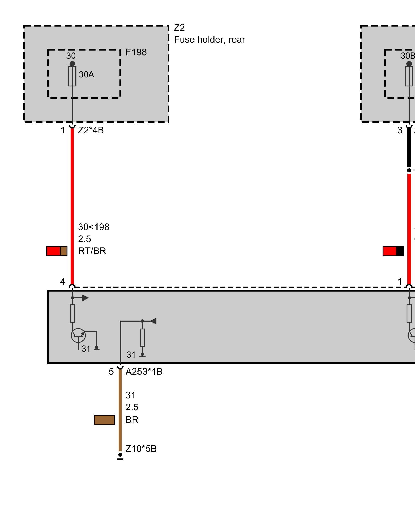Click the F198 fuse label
click(x=136, y=52)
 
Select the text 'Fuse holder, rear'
click(x=209, y=39)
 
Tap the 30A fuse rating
click(x=86, y=74)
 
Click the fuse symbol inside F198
click(x=72, y=76)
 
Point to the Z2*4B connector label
click(x=91, y=130)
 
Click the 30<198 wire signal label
click(x=94, y=227)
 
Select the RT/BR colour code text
click(x=92, y=251)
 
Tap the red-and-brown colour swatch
click(x=57, y=251)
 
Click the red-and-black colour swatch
click(x=393, y=251)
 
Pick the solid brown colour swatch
click(x=104, y=420)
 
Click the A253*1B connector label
click(x=144, y=372)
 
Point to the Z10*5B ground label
click(x=141, y=449)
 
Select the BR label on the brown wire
click(x=132, y=420)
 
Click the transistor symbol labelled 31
click(x=78, y=335)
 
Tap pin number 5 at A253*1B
click(x=111, y=372)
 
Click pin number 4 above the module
click(x=63, y=282)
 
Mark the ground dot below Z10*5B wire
click(x=120, y=455)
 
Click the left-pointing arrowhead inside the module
click(x=154, y=321)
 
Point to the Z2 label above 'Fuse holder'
click(x=179, y=28)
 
